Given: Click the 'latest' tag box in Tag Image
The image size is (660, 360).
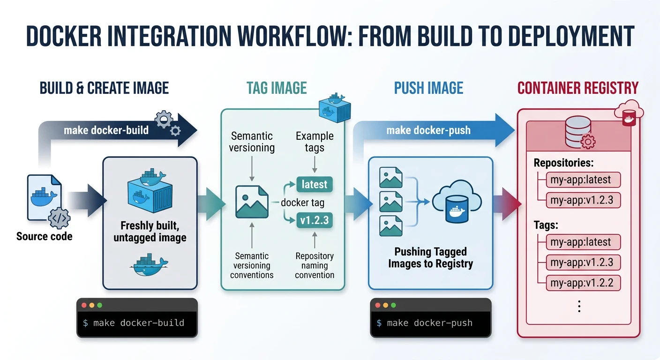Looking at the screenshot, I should tap(314, 185).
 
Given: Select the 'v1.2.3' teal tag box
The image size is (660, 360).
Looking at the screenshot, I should tap(314, 220).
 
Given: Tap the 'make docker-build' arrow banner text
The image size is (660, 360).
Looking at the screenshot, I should tap(106, 130).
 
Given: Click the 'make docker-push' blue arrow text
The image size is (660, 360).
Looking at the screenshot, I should tap(428, 130).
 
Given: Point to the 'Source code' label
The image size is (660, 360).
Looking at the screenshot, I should tap(45, 236).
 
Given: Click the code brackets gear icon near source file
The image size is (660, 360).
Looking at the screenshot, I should tap(59, 218).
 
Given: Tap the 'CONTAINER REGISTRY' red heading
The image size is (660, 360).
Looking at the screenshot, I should tap(578, 88).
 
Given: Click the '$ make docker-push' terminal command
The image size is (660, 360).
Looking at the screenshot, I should tap(425, 323).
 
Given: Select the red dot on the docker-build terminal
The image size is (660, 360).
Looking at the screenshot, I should tap(84, 305).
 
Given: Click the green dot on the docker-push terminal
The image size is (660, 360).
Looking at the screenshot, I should tap(393, 305).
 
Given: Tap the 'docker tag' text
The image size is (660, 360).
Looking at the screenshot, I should tap(302, 202).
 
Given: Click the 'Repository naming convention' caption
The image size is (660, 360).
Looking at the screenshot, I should tap(315, 265).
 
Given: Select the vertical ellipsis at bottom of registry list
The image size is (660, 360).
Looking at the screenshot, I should tap(579, 307).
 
